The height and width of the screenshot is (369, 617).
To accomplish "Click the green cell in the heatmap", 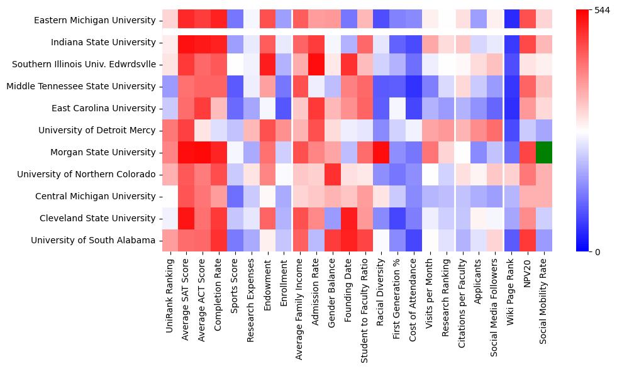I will tap(545, 152).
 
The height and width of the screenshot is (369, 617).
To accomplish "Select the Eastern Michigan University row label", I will tap(95, 20).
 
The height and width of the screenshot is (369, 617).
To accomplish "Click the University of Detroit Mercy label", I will tap(97, 130).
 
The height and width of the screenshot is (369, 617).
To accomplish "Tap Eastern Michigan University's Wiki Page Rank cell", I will tap(513, 20).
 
